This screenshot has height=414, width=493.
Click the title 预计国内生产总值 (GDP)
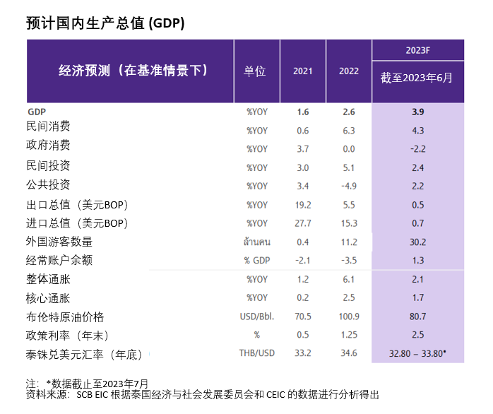tap(105, 23)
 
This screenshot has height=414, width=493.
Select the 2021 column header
tap(302, 71)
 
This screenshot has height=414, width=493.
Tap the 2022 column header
tap(348, 71)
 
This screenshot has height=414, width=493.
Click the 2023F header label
tap(417, 49)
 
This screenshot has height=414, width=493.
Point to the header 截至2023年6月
tap(417, 78)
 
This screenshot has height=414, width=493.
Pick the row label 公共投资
tap(48, 185)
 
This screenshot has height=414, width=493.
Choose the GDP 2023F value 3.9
tap(417, 112)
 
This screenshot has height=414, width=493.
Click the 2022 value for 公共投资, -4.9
tap(348, 187)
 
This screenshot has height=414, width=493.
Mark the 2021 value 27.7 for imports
tap(303, 223)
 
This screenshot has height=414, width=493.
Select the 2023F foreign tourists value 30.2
tap(417, 242)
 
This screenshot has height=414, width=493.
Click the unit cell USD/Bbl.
tap(256, 317)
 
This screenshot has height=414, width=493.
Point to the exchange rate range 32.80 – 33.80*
tap(417, 353)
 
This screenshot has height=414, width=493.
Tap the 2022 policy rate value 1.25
tap(348, 335)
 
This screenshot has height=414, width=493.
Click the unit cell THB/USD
tap(256, 353)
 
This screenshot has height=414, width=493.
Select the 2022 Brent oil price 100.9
tap(348, 317)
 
